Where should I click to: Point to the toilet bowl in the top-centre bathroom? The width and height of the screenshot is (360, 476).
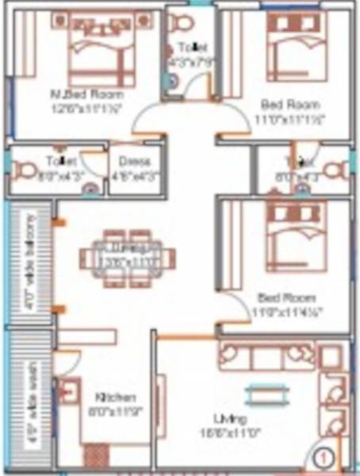tap(182, 20)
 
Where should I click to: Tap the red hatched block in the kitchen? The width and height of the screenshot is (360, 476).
tap(96, 458)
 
